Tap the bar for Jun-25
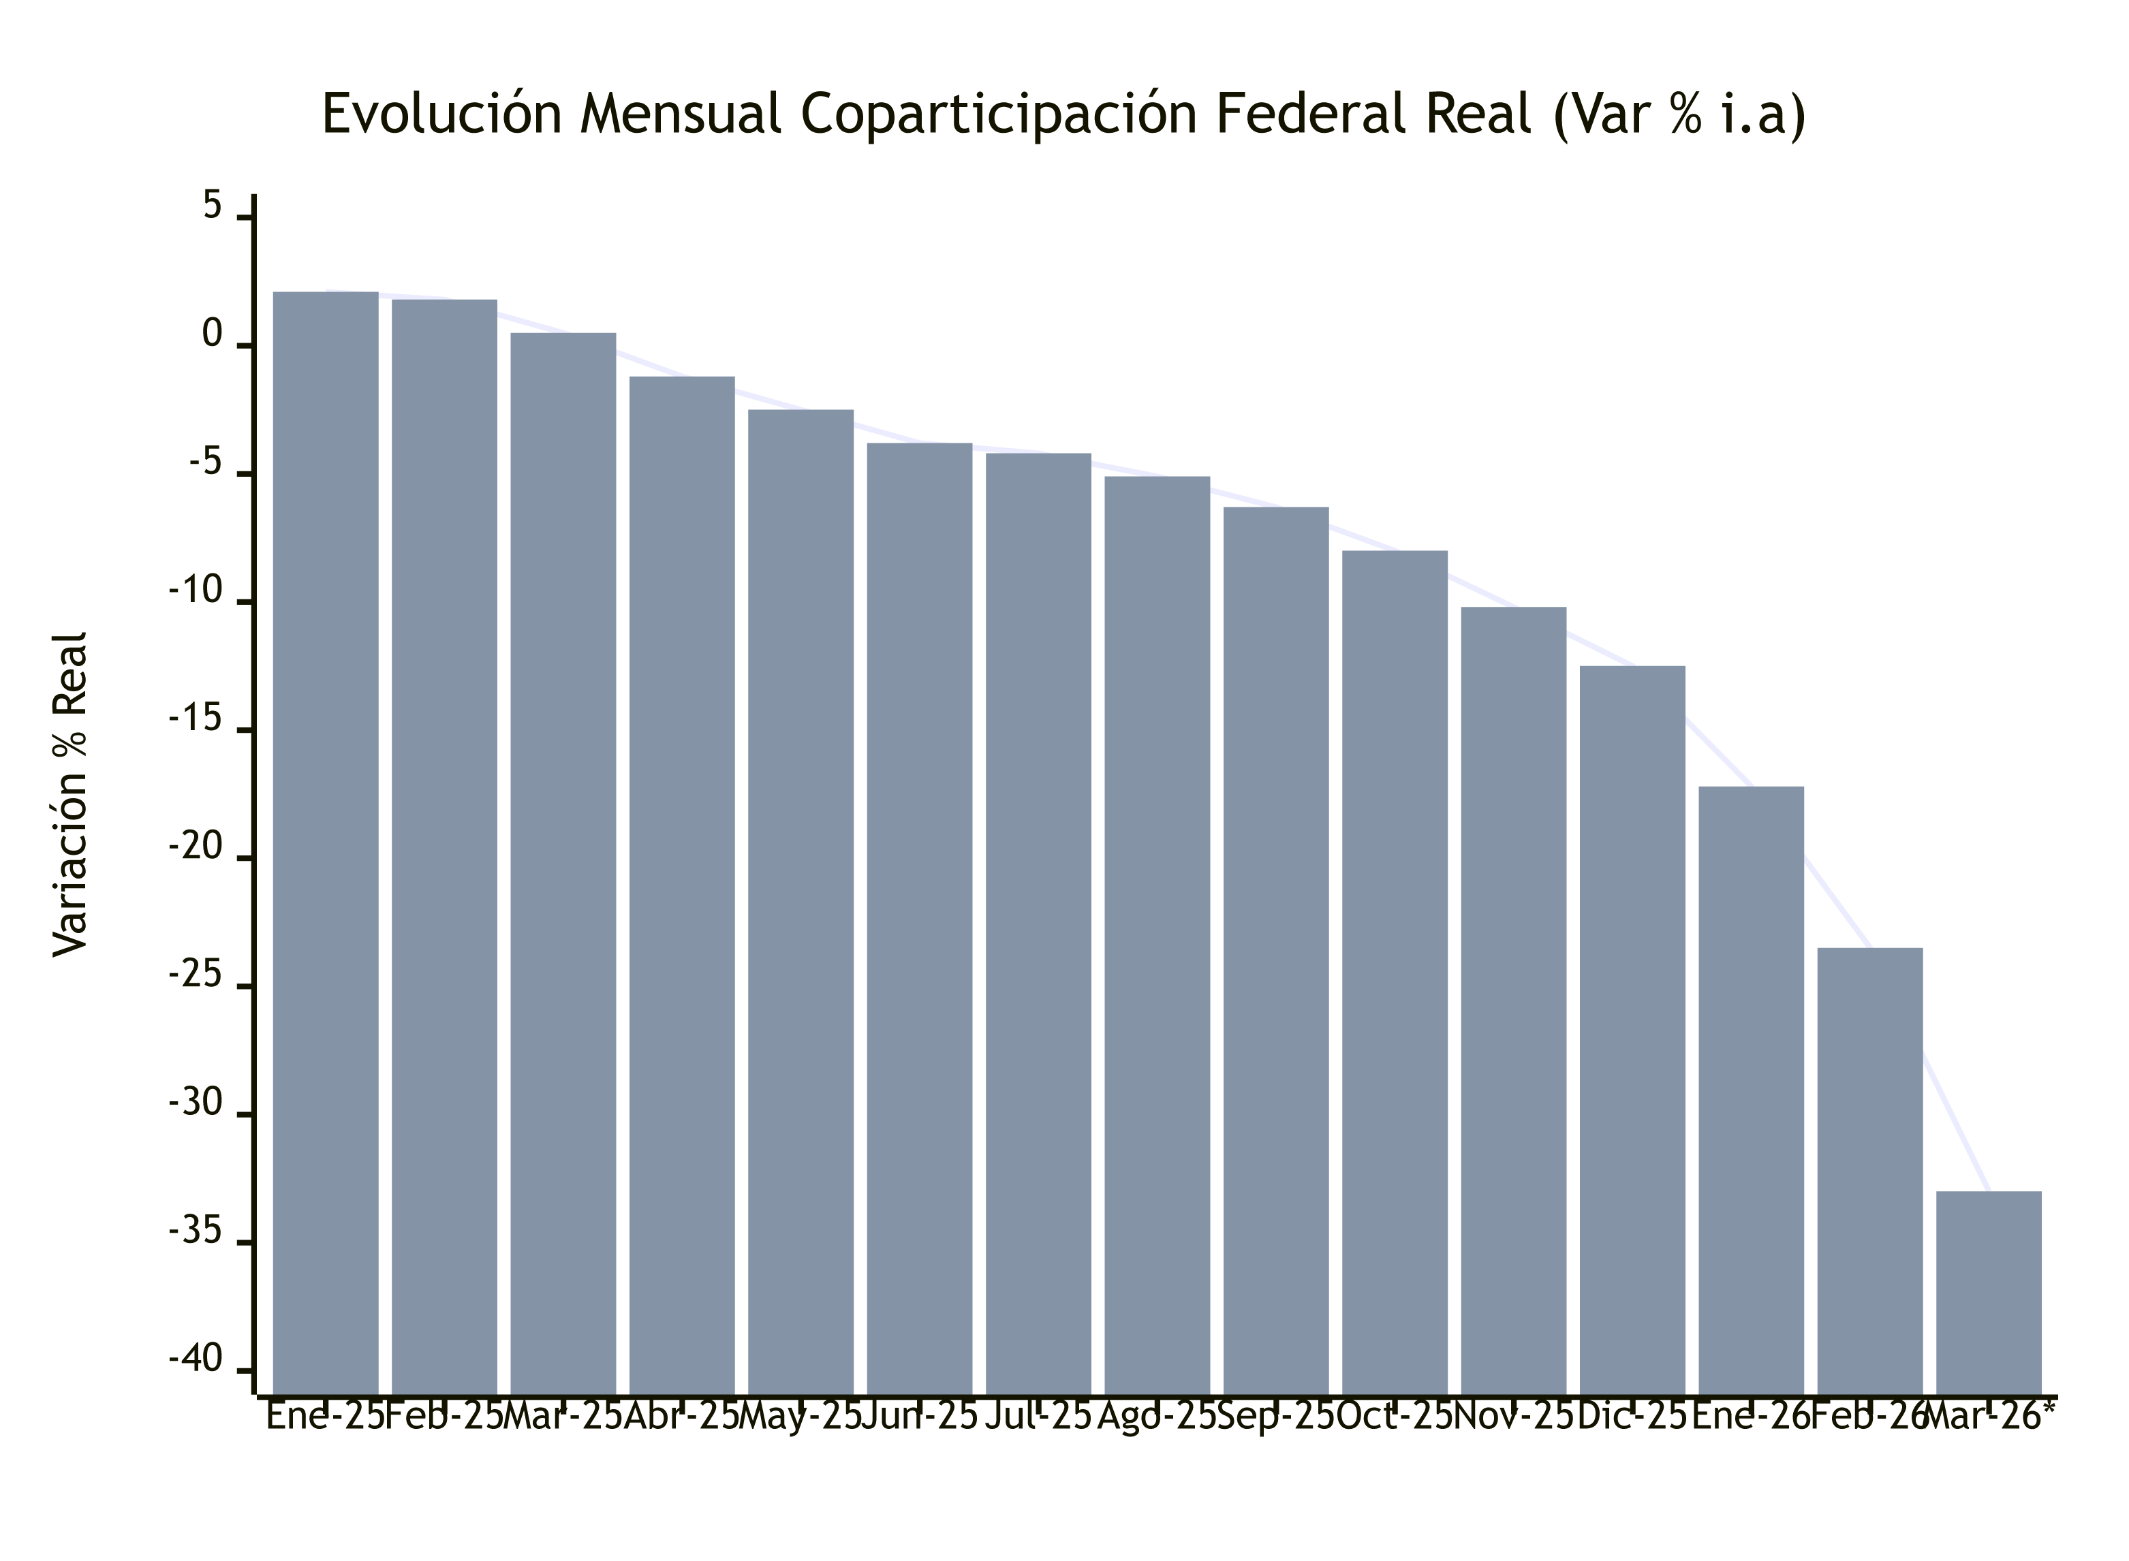920,917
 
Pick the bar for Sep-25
1276,949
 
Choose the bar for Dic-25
1632,1029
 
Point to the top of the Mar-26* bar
1989,1193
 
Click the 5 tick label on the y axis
213,206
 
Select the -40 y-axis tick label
196,1359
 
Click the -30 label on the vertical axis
196,1103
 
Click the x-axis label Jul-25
1038,1417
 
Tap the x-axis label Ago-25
1157,1417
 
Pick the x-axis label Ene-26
1750,1417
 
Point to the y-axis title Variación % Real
71,793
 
